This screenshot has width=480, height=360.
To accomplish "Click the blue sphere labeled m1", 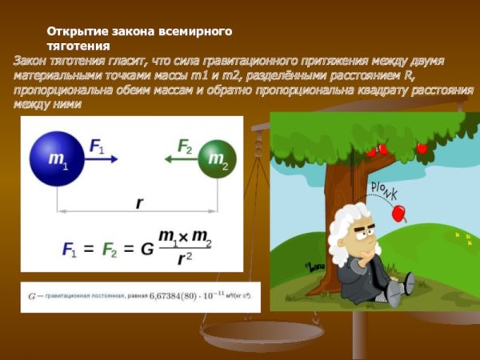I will [x=58, y=158].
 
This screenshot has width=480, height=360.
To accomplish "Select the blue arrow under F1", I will [x=101, y=159].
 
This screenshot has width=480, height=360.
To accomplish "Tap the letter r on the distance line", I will [x=139, y=202].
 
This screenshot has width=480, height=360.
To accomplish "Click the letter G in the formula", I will [x=146, y=249].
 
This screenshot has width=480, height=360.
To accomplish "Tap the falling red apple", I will [x=398, y=214].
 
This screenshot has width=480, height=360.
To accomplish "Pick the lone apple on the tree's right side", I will [x=422, y=148].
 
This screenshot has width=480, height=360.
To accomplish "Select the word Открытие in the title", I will [x=77, y=31].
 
